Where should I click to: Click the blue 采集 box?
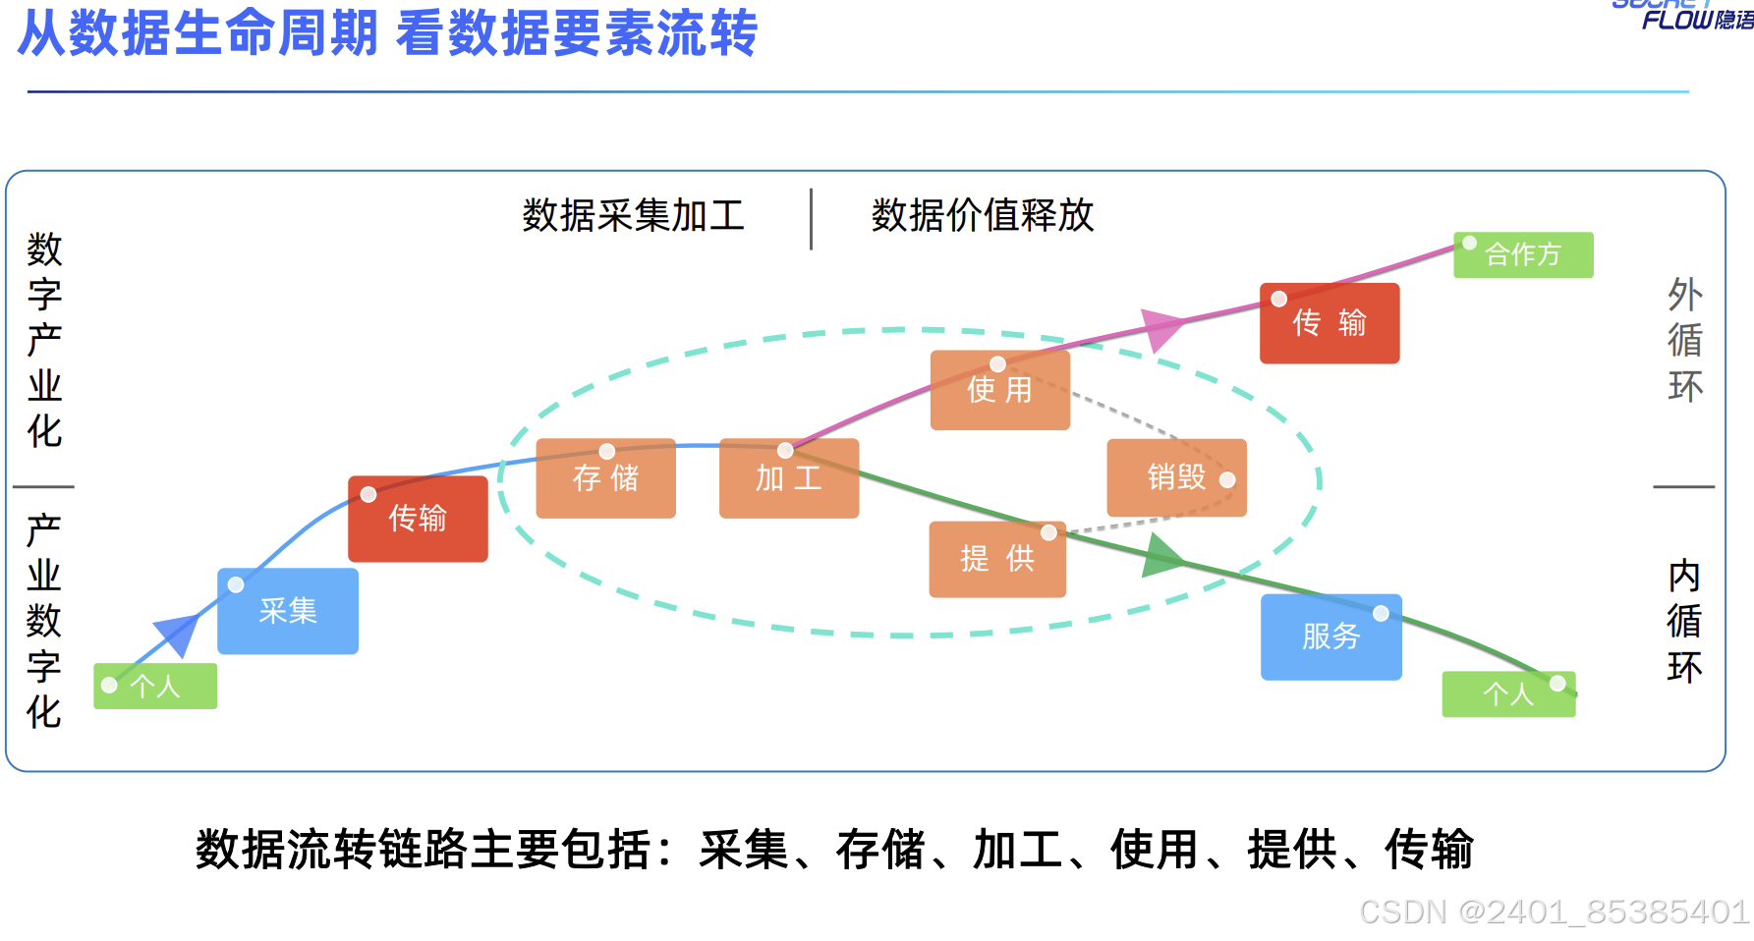tap(287, 611)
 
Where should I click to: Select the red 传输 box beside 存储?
tap(418, 519)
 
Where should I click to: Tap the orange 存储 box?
tap(605, 478)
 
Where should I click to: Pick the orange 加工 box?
tap(788, 478)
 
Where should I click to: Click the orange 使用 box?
tap(999, 390)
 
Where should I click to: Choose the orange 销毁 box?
tap(1176, 477)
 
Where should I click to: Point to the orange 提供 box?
tap(996, 559)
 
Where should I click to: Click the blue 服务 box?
tap(1330, 637)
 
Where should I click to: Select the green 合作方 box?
tap(1522, 254)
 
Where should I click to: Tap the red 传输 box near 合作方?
tap(1329, 323)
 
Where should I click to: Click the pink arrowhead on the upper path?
tap(1161, 329)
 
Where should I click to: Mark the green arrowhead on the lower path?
tap(1163, 557)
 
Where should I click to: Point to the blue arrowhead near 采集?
tap(178, 634)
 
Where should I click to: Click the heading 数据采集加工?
tap(633, 215)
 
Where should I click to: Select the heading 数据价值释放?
tap(982, 215)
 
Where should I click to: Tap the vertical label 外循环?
tap(1684, 340)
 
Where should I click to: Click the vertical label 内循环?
tap(1684, 621)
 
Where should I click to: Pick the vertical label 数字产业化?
tap(44, 340)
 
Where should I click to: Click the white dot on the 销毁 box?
tap(1227, 480)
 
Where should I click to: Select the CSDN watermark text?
tap(1553, 912)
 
